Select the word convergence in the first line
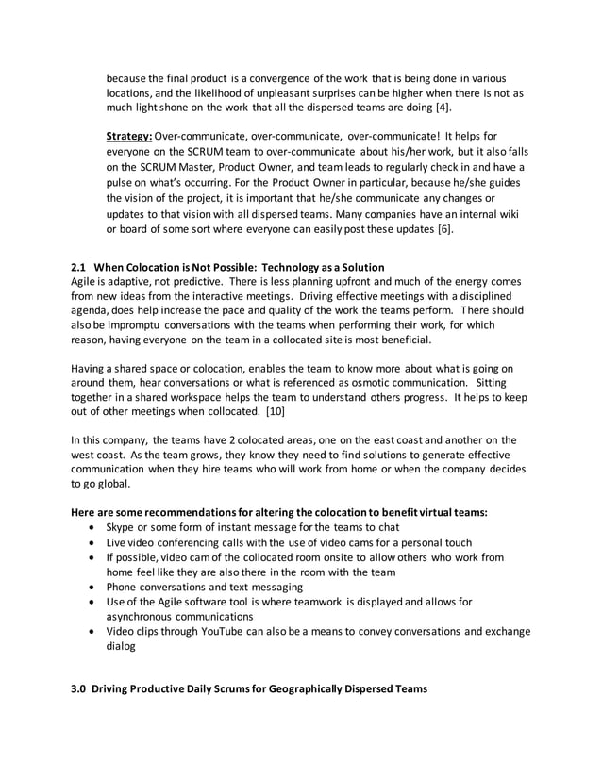[273, 78]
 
